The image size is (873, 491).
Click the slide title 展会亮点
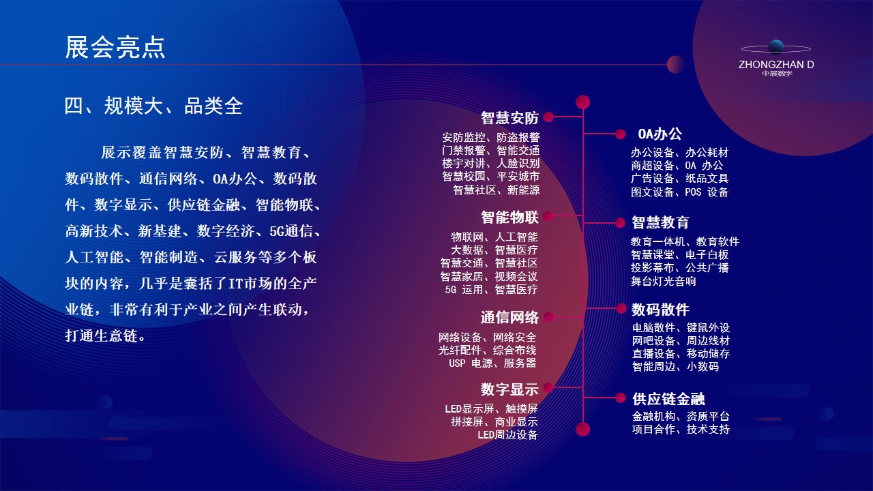coord(115,48)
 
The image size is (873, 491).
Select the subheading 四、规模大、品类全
coord(153,106)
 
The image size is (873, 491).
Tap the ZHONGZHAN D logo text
coord(776,65)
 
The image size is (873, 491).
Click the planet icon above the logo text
coord(776,48)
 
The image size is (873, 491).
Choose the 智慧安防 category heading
coord(509,118)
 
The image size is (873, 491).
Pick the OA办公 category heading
coord(660,134)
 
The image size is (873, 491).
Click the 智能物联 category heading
coord(509,218)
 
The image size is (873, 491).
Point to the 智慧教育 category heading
coord(660,222)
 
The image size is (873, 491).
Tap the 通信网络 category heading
coord(509,318)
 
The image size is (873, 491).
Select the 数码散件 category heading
coord(660,310)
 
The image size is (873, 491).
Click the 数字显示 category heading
coord(509,389)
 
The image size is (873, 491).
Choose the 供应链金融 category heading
coord(668,399)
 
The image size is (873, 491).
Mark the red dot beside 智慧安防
coord(548,117)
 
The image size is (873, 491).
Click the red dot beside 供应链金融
coord(621,398)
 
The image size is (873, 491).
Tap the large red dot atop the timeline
coord(582,102)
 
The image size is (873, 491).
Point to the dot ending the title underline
coord(675,64)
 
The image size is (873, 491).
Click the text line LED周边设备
coord(507,435)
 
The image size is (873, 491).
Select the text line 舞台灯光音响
coord(664,282)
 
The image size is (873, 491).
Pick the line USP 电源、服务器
coord(492,363)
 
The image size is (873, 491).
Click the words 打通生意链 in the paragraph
coord(102,336)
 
